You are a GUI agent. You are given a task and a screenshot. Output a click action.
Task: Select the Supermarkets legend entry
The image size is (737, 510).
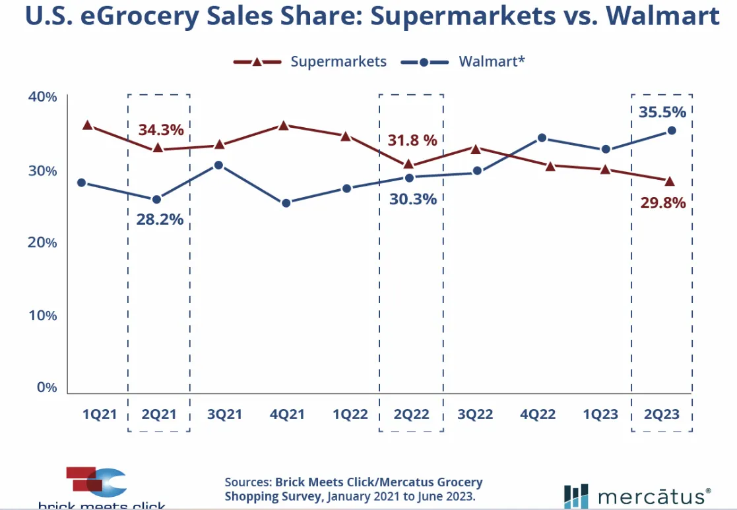click(338, 61)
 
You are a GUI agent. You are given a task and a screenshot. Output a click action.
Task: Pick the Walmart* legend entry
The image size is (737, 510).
click(492, 61)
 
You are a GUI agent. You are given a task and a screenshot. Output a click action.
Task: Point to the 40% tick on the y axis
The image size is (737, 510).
click(43, 98)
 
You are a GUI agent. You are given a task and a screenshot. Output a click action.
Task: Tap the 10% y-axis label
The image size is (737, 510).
click(43, 315)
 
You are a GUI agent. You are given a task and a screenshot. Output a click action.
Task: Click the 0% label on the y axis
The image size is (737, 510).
click(46, 387)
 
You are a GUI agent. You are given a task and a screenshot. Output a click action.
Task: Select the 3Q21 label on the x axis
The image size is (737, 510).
click(225, 414)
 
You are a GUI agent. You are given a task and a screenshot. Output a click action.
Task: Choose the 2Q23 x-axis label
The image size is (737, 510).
click(662, 414)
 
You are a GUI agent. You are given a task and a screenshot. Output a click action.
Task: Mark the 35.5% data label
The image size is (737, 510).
click(662, 112)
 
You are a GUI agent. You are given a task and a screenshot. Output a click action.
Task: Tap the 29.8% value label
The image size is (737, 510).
click(663, 203)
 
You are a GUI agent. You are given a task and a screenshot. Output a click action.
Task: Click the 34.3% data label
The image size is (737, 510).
click(160, 129)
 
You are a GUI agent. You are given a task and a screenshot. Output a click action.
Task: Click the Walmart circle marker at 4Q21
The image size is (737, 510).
click(286, 203)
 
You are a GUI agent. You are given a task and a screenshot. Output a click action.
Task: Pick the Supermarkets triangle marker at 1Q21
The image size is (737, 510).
click(87, 125)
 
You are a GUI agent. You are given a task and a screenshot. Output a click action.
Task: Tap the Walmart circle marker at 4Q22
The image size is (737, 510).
click(542, 138)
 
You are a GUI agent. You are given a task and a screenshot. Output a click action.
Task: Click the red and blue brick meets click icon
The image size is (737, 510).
click(96, 481)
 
